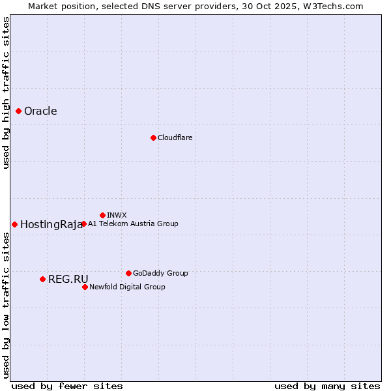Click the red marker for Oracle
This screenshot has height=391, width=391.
click(x=19, y=111)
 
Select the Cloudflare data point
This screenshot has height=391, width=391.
click(x=153, y=138)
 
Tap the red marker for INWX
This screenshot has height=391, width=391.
click(x=102, y=215)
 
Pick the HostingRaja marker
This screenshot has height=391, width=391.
click(x=14, y=224)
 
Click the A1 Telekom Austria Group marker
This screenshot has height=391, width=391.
click(x=83, y=224)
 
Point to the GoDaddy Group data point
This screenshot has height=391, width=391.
click(x=128, y=273)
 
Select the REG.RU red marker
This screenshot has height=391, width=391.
click(x=42, y=279)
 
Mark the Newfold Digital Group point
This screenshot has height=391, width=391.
click(x=85, y=287)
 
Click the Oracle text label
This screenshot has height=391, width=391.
click(x=40, y=111)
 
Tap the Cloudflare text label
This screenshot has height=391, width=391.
click(x=175, y=138)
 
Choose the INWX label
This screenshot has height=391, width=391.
click(x=117, y=215)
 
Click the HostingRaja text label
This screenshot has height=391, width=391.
click(x=51, y=224)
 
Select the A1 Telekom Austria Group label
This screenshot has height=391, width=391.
click(x=133, y=224)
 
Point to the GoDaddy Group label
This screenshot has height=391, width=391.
click(x=160, y=273)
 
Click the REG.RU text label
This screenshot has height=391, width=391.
click(x=68, y=279)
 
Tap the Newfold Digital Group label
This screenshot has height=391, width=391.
click(x=127, y=287)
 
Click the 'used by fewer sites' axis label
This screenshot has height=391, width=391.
click(x=67, y=386)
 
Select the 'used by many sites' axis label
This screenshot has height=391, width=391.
click(x=327, y=386)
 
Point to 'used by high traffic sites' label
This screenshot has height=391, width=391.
click(x=6, y=93)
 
